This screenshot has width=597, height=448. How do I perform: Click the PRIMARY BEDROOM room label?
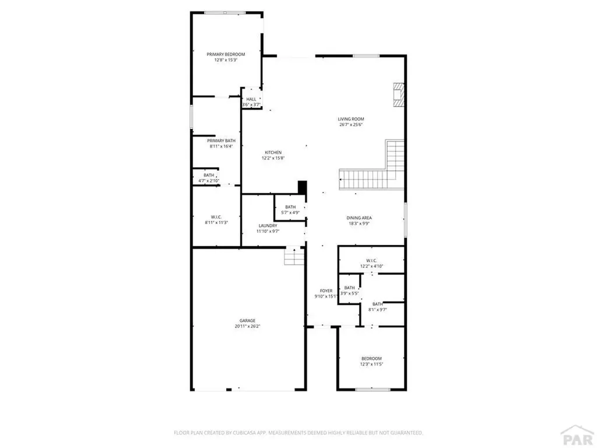tap(226, 54)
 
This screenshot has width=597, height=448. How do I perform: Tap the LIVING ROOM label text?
tap(351, 119)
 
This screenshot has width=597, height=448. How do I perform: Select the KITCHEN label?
tap(273, 153)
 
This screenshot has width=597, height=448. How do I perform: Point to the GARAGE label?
tap(247, 320)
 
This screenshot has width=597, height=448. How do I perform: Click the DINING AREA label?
tap(359, 218)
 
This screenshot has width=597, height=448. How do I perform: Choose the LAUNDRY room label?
tap(268, 225)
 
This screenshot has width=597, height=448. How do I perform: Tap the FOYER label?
tap(326, 290)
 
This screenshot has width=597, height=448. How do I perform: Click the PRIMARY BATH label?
tap(221, 141)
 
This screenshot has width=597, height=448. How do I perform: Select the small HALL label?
tap(251, 99)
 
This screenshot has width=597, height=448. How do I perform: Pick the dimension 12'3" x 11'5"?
tap(371, 364)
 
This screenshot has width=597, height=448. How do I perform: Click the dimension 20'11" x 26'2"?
tap(247, 326)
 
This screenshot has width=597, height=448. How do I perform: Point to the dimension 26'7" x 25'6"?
tap(351, 124)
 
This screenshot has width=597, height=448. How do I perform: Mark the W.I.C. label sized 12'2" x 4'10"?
tap(372, 260)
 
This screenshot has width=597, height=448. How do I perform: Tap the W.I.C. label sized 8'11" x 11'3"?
tap(216, 217)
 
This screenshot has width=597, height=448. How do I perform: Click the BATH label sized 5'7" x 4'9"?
tap(290, 207)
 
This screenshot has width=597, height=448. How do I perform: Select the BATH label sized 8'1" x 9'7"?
tap(378, 304)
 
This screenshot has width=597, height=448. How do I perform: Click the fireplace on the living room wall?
tap(399, 94)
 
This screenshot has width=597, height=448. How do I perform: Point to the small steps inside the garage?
tap(294, 256)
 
